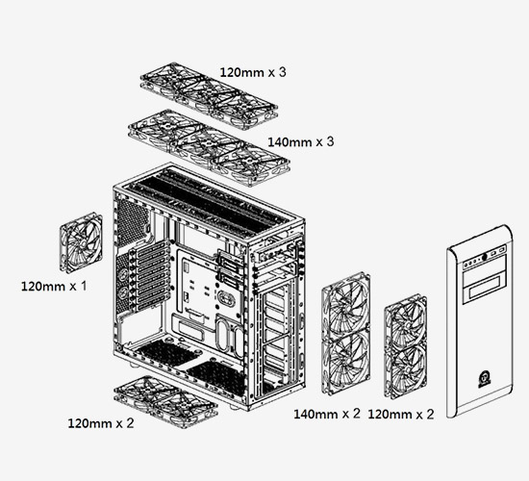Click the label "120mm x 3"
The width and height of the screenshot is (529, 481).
[x=253, y=72]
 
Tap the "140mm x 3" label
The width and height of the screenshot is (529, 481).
[x=301, y=141]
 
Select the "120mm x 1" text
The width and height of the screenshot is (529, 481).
[x=54, y=287]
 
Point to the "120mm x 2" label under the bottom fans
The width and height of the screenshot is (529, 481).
[x=101, y=423]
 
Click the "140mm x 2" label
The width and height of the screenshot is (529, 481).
[x=327, y=414]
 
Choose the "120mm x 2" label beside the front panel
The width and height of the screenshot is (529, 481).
[x=401, y=415]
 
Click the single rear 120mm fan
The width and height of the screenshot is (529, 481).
[x=82, y=242]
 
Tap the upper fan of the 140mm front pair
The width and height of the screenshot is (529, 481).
[x=345, y=303]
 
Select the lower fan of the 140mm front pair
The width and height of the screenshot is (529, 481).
[x=345, y=363]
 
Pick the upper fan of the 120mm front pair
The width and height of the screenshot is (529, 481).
[x=406, y=320]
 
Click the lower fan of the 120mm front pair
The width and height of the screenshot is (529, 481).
[x=406, y=371]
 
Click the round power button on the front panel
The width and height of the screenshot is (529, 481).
[x=485, y=257]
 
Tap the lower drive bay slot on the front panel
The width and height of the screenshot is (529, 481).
[x=484, y=291]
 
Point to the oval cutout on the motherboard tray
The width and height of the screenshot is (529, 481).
[x=226, y=298]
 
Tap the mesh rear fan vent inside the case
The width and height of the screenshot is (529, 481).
[x=133, y=222]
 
